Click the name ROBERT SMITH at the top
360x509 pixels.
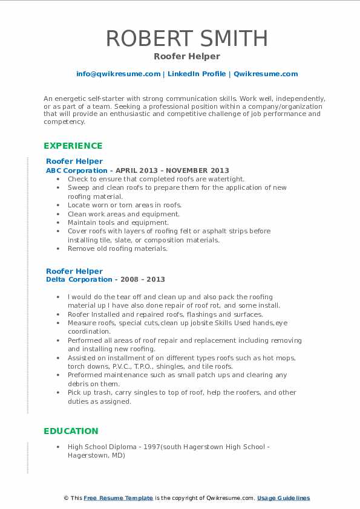pos(186,38)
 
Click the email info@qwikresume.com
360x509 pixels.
pos(118,74)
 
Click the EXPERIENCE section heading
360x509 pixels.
pos(73,146)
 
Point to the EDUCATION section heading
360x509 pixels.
pos(71,431)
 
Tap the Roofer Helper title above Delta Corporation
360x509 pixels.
pos(74,271)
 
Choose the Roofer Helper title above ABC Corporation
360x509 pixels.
pos(74,161)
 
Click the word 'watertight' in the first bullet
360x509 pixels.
pos(226,179)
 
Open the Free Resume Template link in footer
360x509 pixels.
pos(118,498)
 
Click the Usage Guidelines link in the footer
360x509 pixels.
pos(283,498)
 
